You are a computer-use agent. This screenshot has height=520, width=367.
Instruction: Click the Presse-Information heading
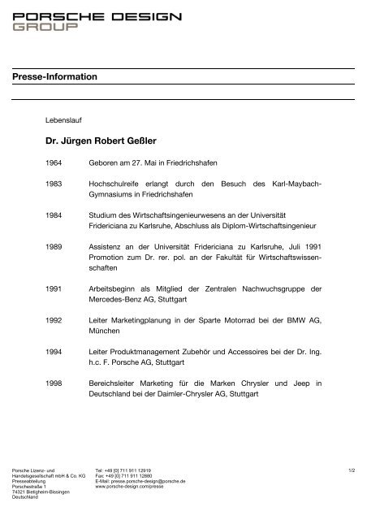56,76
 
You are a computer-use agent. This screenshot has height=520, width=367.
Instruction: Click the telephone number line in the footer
123,469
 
